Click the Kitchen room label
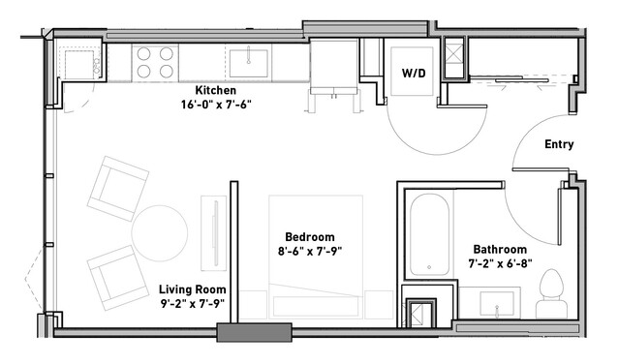pyautogui.click(x=216, y=90)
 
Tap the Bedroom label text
pyautogui.click(x=310, y=236)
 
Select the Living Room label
pyautogui.click(x=192, y=289)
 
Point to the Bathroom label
pyautogui.click(x=500, y=249)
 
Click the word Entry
pyautogui.click(x=559, y=144)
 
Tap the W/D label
pyautogui.click(x=414, y=73)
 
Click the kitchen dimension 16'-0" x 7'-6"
pyautogui.click(x=216, y=105)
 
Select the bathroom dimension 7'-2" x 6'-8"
pyautogui.click(x=500, y=263)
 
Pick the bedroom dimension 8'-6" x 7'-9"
pyautogui.click(x=310, y=251)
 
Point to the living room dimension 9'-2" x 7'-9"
pyautogui.click(x=193, y=304)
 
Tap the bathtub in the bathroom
pyautogui.click(x=429, y=234)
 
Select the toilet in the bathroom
pyautogui.click(x=551, y=293)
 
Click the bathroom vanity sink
pyautogui.click(x=497, y=304)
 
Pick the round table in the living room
pyautogui.click(x=160, y=233)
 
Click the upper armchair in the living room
pyautogui.click(x=118, y=188)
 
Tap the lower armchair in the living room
pyautogui.click(x=117, y=278)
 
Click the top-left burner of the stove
pyautogui.click(x=143, y=53)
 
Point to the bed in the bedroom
pyautogui.click(x=316, y=257)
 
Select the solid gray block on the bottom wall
pyautogui.click(x=254, y=332)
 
